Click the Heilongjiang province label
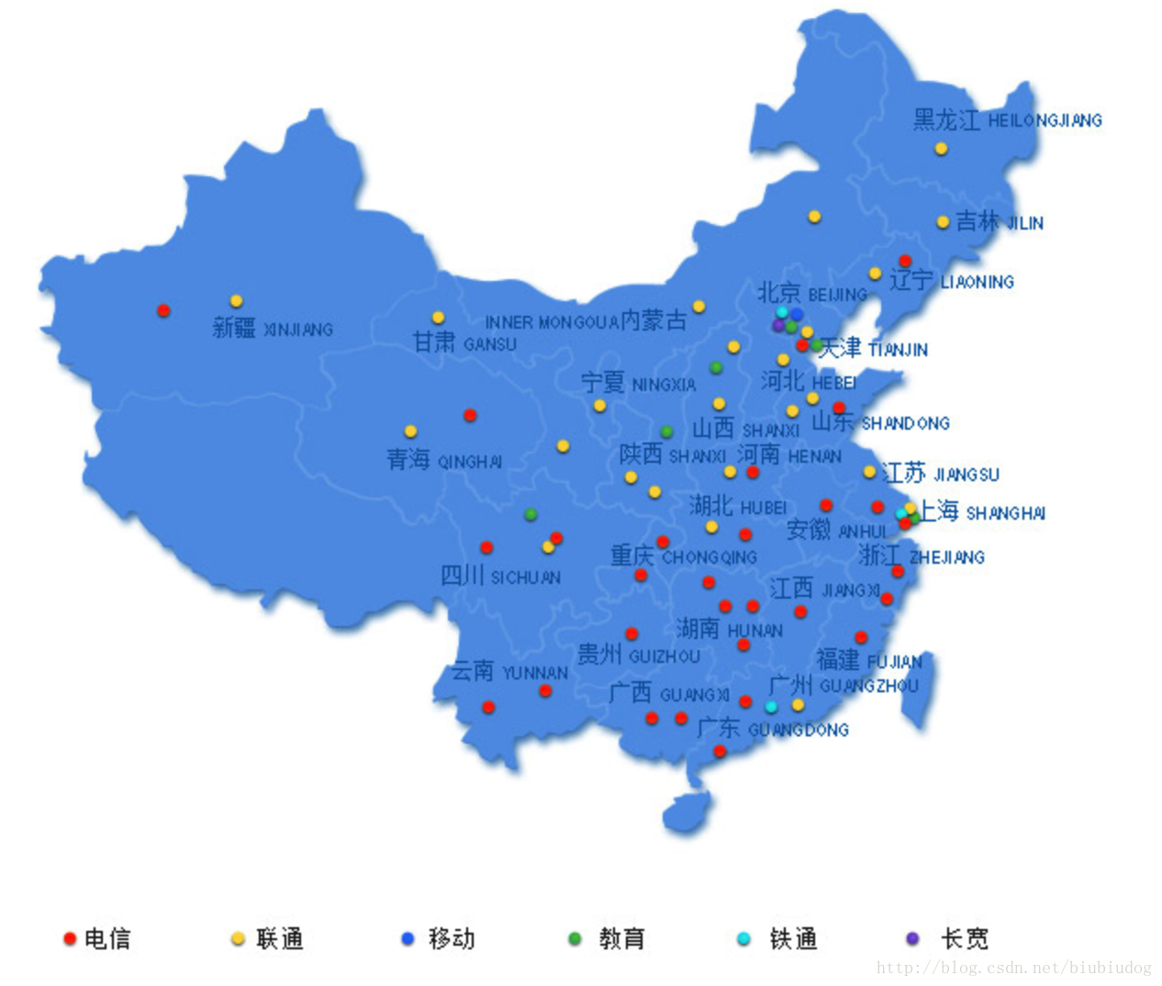pyautogui.click(x=1007, y=119)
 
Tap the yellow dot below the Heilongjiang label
pyautogui.click(x=941, y=148)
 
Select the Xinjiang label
pyautogui.click(x=273, y=328)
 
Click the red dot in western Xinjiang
pyautogui.click(x=163, y=310)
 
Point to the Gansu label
pyautogui.click(x=464, y=343)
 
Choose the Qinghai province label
pyautogui.click(x=444, y=460)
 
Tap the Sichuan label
pyautogui.click(x=500, y=577)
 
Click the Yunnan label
pyautogui.click(x=509, y=672)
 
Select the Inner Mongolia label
pyautogui.click(x=586, y=321)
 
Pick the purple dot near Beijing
pyautogui.click(x=778, y=326)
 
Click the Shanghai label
pyautogui.click(x=982, y=512)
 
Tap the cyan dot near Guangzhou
pyautogui.click(x=771, y=706)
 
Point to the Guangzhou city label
pyautogui.click(x=843, y=685)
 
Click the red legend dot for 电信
pyautogui.click(x=69, y=938)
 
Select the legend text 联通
pyautogui.click(x=280, y=938)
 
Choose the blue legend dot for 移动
pyautogui.click(x=408, y=938)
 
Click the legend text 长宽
pyautogui.click(x=965, y=938)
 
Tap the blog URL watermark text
pyautogui.click(x=1013, y=968)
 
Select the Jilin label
pyautogui.click(x=999, y=222)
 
